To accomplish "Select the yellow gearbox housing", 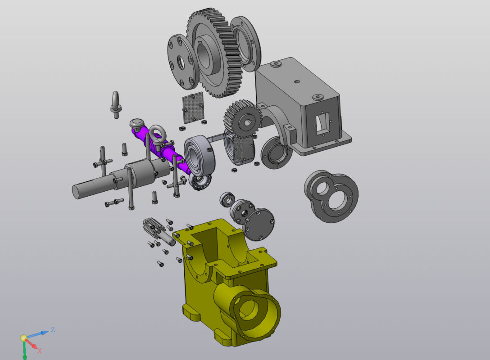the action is pos(228,281).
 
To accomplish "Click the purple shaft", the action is pos(159,147).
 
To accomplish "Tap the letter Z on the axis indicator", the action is pos(53,330).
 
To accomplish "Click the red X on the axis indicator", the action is pos(40,351).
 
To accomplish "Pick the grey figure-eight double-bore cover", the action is pos(332,196).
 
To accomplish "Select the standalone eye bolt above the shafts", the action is pos(116,104).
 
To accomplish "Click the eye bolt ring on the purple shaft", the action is pos(157,134).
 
